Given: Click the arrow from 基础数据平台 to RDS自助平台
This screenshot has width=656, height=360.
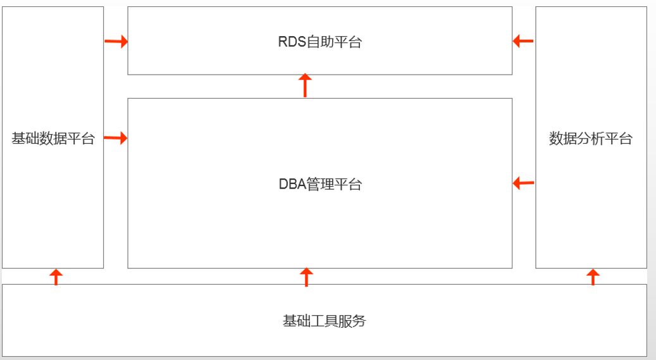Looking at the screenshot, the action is (116, 41).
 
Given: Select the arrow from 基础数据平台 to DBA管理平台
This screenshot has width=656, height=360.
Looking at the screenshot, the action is (116, 138).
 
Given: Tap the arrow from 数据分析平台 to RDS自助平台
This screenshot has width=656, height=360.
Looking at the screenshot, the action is (523, 41).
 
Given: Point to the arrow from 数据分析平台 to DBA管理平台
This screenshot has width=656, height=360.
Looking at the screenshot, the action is (523, 183).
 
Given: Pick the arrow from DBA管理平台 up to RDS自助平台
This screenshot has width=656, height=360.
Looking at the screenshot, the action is (305, 85).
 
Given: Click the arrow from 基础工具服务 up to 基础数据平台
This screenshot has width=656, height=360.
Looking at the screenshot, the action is (56, 277).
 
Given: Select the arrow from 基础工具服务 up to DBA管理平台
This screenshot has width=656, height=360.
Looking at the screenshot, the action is (306, 277).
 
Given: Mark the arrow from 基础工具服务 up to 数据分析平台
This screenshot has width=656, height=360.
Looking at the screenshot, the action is (593, 277).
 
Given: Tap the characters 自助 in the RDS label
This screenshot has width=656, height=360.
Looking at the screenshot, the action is (320, 42).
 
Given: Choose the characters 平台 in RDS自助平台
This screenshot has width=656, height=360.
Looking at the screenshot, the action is (348, 42).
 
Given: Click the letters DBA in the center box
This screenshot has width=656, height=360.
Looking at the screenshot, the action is (292, 184).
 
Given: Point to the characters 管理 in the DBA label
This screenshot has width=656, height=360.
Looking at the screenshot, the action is (320, 184).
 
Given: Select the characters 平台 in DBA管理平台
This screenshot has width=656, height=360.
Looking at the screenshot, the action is (348, 184).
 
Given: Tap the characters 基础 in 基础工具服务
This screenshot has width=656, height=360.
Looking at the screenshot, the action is (297, 321).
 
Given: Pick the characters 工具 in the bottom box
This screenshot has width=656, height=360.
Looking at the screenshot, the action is (325, 321).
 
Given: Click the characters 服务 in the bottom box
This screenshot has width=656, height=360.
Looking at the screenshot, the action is (352, 321).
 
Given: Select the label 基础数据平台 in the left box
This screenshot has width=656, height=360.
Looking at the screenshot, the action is (53, 138).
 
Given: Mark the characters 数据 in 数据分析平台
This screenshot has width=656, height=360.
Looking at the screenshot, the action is (563, 138).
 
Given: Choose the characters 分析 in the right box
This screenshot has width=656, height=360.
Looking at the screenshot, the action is (590, 138).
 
